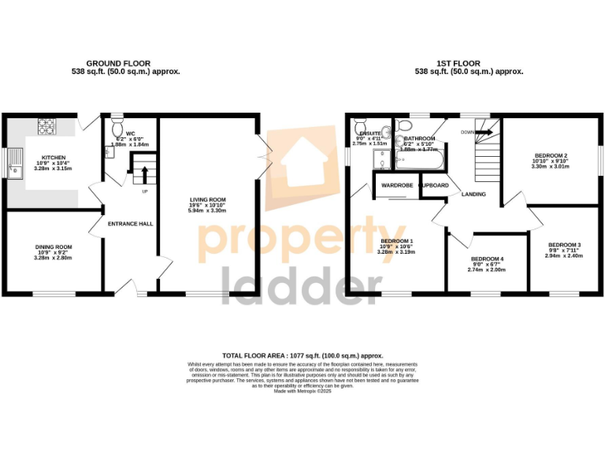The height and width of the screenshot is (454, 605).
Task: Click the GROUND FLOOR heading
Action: click(x=118, y=64)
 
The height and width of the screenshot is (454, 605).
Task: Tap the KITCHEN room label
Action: click(x=54, y=158)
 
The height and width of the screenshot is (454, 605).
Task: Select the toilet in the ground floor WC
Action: click(x=117, y=128)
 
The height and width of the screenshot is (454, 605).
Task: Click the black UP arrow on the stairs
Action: click(x=144, y=172)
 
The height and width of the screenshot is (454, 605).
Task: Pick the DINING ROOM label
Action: click(x=53, y=247)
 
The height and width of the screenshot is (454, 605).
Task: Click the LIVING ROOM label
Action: click(x=207, y=199)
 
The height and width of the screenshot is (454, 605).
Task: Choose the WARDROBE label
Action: click(x=398, y=185)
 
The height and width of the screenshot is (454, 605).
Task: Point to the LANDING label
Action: click(x=473, y=194)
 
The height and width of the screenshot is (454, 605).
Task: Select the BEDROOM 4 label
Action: click(x=486, y=259)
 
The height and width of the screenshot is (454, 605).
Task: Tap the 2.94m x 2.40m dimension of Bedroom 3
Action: click(x=564, y=255)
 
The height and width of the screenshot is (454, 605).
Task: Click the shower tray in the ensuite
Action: click(x=384, y=161)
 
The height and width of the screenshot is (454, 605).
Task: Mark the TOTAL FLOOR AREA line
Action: click(x=302, y=355)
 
